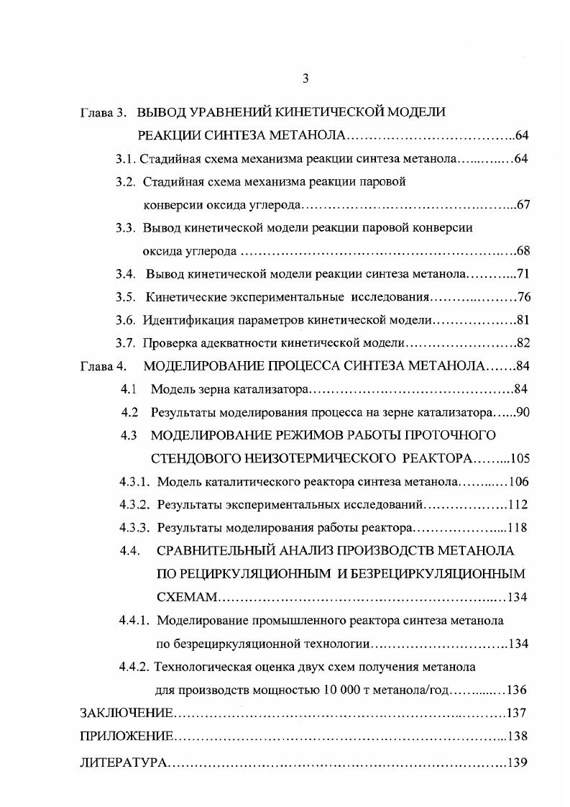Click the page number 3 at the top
pyautogui.click(x=305, y=78)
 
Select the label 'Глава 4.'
pyautogui.click(x=103, y=366)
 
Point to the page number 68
pyautogui.click(x=523, y=251)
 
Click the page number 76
pyautogui.click(x=523, y=297)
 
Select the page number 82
pyautogui.click(x=523, y=343)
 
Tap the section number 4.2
pyautogui.click(x=129, y=413)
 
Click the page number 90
pyautogui.click(x=523, y=413)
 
